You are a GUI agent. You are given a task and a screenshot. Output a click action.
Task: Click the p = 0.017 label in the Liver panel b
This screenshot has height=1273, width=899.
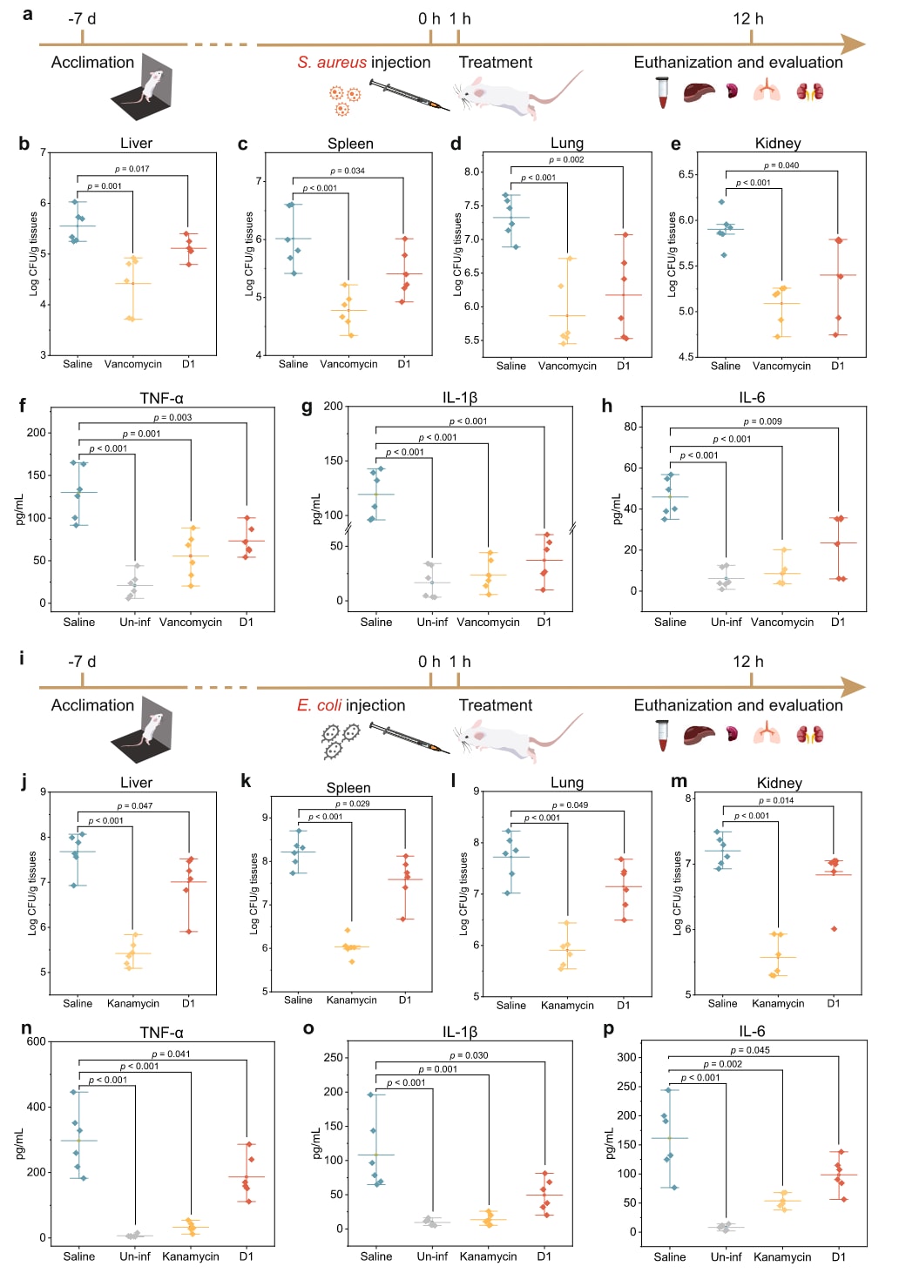132,169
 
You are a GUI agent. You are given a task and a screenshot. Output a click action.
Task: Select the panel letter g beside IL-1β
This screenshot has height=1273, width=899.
307,406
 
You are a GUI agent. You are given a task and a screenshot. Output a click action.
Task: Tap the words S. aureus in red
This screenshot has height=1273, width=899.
332,63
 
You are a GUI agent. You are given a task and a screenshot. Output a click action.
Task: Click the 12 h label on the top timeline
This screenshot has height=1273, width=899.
747,19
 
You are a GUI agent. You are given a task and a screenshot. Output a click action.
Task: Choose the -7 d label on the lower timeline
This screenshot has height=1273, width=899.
82,662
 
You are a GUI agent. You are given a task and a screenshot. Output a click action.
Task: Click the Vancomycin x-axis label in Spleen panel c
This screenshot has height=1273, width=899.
348,364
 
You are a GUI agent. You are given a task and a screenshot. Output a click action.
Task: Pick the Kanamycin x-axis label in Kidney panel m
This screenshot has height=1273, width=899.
778,1003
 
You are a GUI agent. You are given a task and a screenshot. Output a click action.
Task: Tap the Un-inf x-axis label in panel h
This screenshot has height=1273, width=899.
726,622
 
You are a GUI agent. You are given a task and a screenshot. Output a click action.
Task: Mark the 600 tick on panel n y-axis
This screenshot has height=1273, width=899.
37,1041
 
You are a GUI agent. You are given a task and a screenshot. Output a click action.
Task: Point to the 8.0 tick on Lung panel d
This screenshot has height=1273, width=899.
471,172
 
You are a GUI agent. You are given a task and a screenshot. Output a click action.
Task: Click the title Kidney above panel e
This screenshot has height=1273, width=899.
778,144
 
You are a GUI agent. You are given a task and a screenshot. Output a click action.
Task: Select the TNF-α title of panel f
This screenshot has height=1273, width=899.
161,398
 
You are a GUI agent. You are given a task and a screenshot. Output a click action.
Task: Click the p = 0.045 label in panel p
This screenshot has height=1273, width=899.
750,1050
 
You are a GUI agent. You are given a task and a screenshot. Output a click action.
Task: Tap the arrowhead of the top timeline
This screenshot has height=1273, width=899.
854,44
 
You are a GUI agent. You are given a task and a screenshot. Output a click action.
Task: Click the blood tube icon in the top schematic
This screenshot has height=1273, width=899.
663,91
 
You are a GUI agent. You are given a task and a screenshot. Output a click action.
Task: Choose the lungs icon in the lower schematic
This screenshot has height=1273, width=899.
767,734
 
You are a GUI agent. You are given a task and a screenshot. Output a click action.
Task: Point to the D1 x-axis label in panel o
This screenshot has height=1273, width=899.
544,1256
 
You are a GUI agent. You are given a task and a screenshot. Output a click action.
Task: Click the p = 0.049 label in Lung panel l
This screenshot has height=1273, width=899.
570,805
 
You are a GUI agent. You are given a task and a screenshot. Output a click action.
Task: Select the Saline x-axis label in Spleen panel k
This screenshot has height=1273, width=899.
298,1000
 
